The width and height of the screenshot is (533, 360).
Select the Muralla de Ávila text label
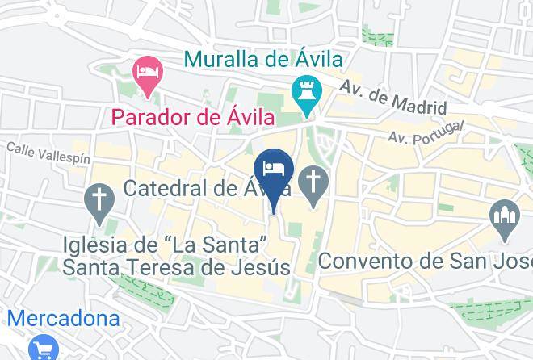click(x=263, y=59)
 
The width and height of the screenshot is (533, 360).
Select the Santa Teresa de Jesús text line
click(x=178, y=266)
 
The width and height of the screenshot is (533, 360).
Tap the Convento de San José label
click(x=425, y=262)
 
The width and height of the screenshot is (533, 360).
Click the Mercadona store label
click(x=60, y=318)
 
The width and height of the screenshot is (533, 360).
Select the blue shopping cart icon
click(x=42, y=347)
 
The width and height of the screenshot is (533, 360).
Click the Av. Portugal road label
click(x=426, y=132)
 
